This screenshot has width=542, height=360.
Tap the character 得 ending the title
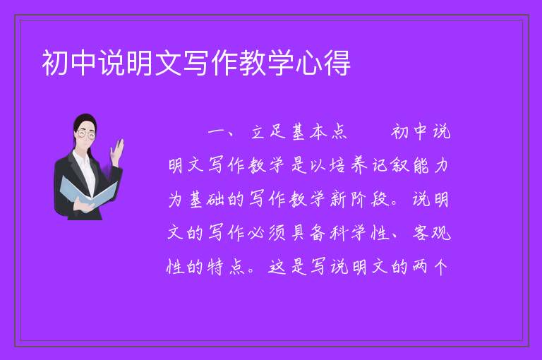coord(337,63)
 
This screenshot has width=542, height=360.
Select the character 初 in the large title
coord(55,63)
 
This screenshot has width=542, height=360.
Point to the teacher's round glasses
coord(86,134)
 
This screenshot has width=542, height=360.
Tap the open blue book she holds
coord(88,192)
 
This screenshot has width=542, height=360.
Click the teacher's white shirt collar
coord(82,162)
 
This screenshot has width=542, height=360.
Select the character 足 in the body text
coord(278,132)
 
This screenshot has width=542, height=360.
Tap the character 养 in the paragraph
coord(359,165)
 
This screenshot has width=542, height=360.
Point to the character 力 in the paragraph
coord(440,165)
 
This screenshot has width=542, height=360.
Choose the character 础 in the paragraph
coord(216,199)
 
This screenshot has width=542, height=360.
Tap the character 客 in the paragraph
coord(421,233)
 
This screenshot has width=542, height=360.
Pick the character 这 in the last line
coord(277,267)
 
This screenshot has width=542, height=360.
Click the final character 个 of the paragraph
coord(440,267)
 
